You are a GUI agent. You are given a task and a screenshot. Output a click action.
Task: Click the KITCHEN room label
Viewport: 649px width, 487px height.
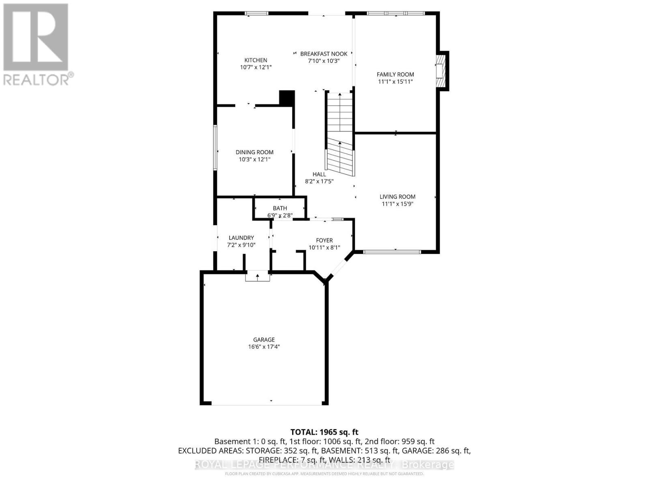256,60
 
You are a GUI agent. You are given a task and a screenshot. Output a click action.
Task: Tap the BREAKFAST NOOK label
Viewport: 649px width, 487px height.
324,54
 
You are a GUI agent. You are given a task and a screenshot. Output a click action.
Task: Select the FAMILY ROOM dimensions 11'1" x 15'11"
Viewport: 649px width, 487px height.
395,82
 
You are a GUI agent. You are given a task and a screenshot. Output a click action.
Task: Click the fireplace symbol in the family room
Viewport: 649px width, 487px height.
441,71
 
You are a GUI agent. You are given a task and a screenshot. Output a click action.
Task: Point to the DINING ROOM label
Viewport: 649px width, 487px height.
254,152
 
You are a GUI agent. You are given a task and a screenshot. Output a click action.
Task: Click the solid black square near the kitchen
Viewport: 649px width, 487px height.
287,98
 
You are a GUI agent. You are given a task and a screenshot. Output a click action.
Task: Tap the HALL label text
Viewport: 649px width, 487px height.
319,174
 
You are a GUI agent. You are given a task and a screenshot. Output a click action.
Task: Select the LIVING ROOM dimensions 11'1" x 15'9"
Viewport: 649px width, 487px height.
397,204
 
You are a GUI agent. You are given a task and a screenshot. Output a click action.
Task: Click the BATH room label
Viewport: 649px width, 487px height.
280,208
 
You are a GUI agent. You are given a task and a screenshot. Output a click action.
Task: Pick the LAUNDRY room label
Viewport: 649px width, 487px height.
241,238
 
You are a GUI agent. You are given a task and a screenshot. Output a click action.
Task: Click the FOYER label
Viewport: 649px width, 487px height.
324,240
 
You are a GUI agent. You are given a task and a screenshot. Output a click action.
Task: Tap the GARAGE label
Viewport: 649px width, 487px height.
264,340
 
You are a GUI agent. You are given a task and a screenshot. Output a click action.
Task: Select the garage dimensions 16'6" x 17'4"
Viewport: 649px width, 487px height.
264,347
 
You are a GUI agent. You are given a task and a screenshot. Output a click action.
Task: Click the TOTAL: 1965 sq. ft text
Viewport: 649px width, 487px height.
324,432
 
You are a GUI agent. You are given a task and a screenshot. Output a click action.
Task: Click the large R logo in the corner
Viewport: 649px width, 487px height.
36,37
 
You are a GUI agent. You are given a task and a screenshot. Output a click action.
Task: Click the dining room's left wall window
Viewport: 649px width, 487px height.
215,147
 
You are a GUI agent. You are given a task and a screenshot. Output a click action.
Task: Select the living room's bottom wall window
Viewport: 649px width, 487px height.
392,252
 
